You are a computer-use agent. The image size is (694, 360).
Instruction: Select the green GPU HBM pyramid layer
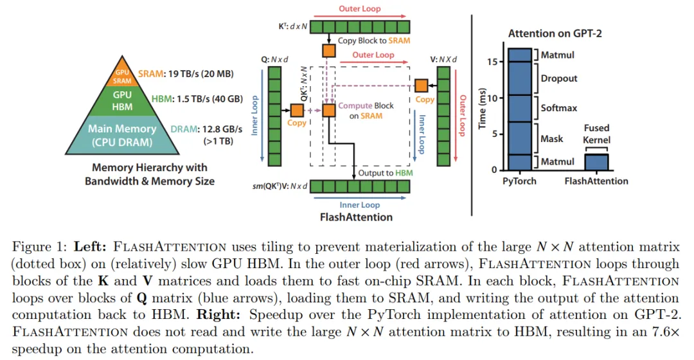point(122,100)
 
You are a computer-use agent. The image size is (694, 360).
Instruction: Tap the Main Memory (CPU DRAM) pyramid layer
point(122,134)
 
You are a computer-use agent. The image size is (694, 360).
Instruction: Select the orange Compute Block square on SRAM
point(329,110)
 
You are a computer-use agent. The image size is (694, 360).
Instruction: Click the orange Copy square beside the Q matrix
point(297,110)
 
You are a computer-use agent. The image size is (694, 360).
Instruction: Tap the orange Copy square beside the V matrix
point(422,85)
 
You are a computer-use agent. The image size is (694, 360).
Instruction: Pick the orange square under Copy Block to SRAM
point(329,50)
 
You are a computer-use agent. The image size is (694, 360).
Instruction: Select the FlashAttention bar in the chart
point(596,162)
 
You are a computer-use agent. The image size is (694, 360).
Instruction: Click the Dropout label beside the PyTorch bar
point(558,78)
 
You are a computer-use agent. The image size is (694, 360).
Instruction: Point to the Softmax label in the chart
point(558,108)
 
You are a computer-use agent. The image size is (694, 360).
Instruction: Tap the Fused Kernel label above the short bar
point(596,134)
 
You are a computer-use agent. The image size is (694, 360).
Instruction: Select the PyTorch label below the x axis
point(519,181)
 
